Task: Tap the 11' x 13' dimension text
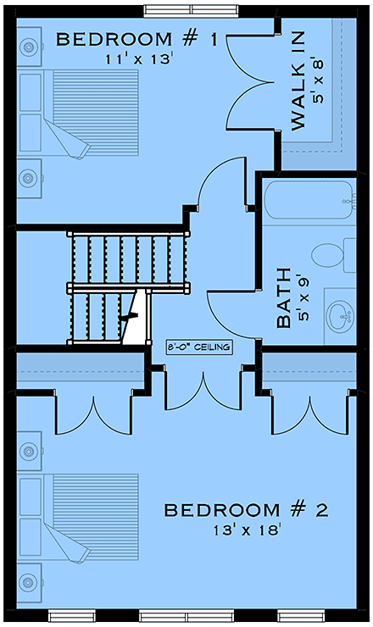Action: pyautogui.click(x=140, y=59)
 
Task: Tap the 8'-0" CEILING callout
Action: pyautogui.click(x=200, y=347)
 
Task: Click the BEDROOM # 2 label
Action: pyautogui.click(x=245, y=511)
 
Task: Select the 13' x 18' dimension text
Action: pyautogui.click(x=245, y=530)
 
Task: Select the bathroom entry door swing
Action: pyautogui.click(x=225, y=309)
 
